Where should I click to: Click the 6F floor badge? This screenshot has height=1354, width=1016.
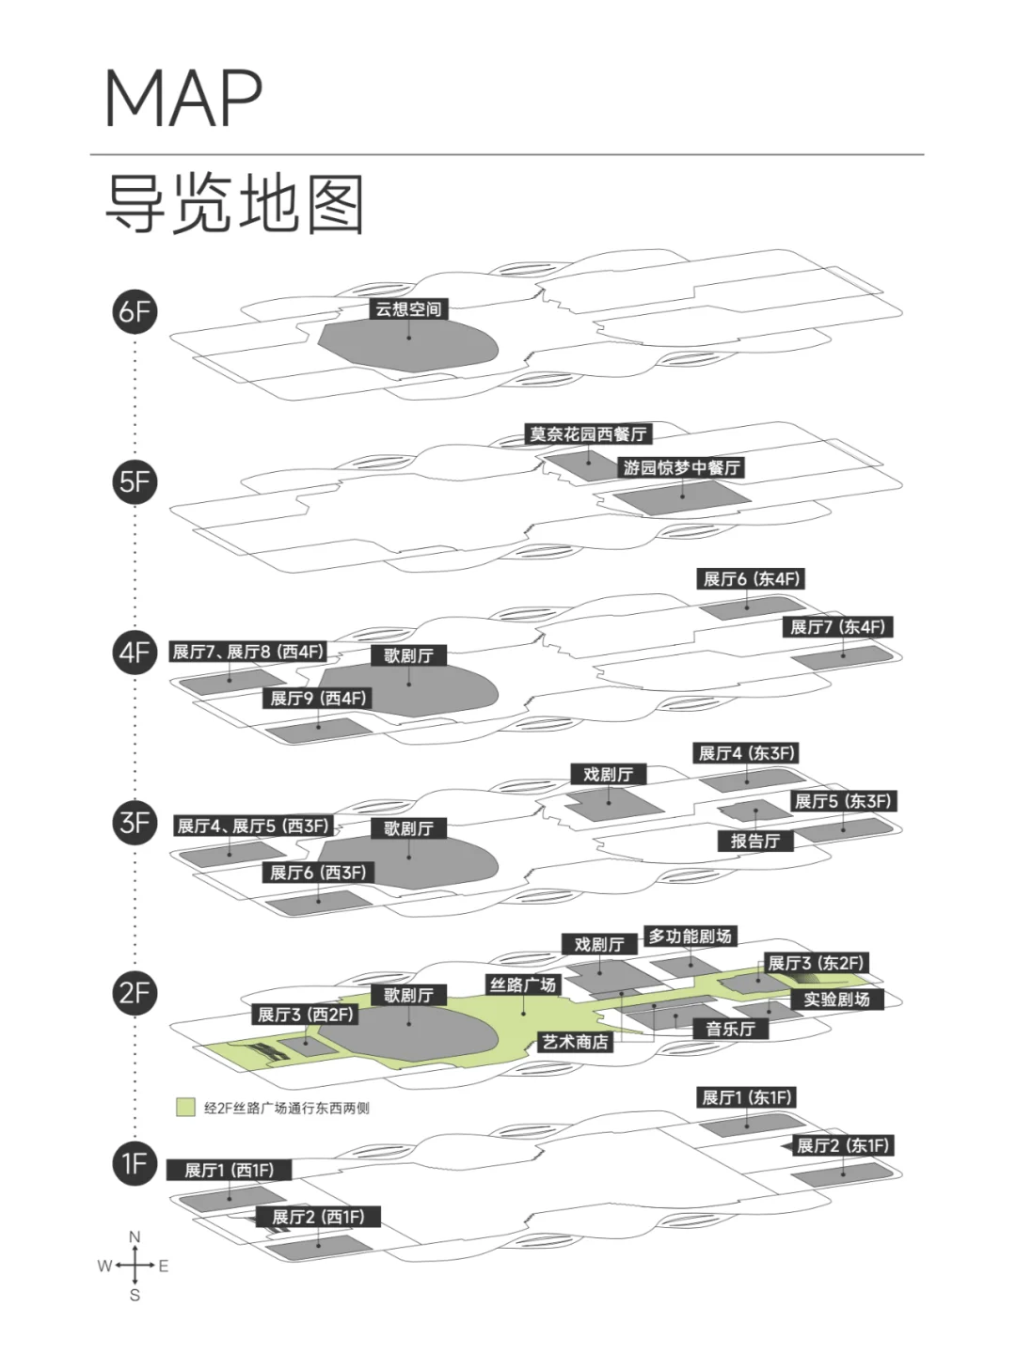135,312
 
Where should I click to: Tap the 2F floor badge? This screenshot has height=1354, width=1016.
135,993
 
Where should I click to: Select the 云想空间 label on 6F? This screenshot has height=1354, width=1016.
408,309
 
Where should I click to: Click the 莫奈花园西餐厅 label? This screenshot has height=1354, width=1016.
588,434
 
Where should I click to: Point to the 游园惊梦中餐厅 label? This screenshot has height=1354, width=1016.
681,467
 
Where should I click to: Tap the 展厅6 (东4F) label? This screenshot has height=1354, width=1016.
752,579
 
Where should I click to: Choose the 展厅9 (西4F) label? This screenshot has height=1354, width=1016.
318,699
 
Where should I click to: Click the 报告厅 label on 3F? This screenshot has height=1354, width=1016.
754,841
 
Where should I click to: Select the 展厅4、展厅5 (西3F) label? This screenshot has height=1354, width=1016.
253,826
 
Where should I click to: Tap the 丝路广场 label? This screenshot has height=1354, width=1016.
522,984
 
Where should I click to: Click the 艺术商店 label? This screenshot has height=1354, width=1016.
575,1042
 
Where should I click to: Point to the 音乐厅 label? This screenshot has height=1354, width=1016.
730,1029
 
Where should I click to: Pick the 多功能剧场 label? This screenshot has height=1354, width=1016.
690,937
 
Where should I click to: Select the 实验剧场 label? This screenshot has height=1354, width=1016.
836,999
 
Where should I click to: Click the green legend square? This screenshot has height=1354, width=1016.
185,1108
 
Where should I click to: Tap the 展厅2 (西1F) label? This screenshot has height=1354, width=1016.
318,1217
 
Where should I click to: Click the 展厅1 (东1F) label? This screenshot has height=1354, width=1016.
747,1097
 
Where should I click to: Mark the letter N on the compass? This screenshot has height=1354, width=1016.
135,1237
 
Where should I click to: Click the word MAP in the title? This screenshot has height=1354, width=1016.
183,98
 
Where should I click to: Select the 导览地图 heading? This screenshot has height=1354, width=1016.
235,204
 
